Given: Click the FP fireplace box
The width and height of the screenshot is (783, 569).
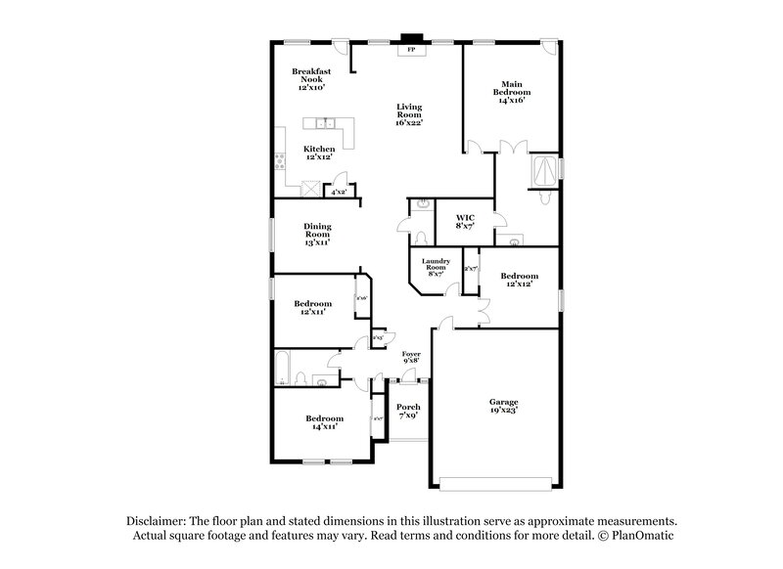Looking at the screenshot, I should coord(410,50).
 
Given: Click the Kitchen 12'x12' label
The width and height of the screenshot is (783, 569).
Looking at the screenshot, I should coord(292,153).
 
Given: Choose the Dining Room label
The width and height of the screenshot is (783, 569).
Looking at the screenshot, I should coord(317,234).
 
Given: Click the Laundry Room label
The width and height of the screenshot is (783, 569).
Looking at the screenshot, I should coord(436,267).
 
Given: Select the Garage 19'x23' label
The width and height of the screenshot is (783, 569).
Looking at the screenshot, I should coord(504,406).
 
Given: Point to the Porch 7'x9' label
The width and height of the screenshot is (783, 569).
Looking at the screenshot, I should coord(408,412).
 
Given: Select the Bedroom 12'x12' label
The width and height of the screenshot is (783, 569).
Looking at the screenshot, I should coord(519,280).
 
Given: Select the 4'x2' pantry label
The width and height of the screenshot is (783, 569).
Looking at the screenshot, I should coord(339,193).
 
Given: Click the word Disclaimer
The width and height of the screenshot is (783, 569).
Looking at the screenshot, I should coord(158,522).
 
